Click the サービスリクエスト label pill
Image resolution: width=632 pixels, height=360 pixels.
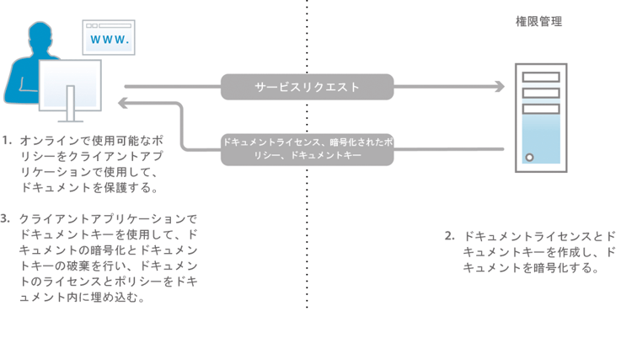308,86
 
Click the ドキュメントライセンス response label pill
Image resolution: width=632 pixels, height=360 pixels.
308,149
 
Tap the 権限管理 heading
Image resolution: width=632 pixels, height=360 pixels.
538,21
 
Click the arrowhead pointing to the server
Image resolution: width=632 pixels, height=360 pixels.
499,86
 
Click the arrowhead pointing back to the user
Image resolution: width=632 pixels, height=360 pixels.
124,102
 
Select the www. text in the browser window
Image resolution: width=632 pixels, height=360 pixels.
108,40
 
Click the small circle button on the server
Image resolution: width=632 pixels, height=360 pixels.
529,157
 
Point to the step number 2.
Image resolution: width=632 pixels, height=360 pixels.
449,235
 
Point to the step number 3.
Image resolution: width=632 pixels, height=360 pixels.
7,218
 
